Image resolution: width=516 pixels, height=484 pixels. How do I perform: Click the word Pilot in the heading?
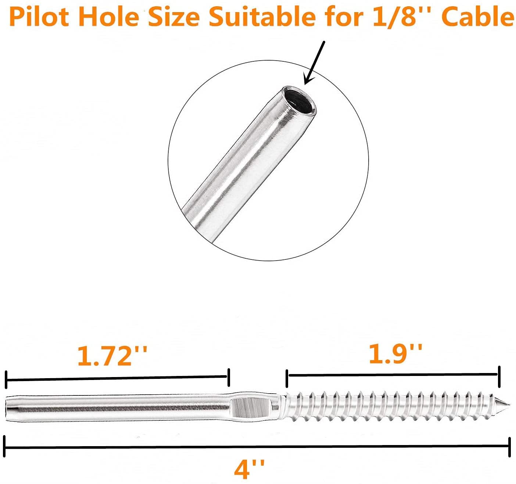coord(39,17)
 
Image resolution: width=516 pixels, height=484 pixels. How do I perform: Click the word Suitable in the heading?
coord(262,17)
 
